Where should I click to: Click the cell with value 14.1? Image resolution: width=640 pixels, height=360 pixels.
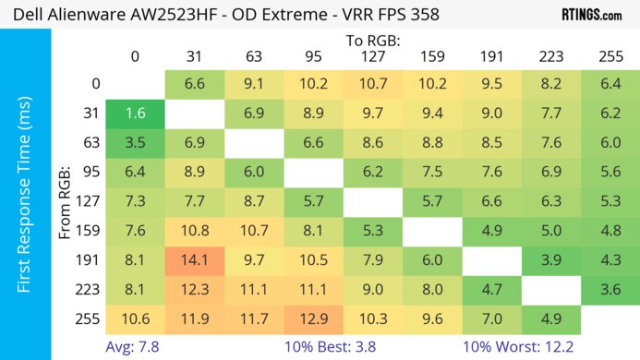195,261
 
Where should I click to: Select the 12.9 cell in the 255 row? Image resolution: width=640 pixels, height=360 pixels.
311,318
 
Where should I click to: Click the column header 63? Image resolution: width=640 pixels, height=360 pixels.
252,57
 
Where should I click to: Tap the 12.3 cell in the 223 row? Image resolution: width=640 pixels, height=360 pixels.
195,290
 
